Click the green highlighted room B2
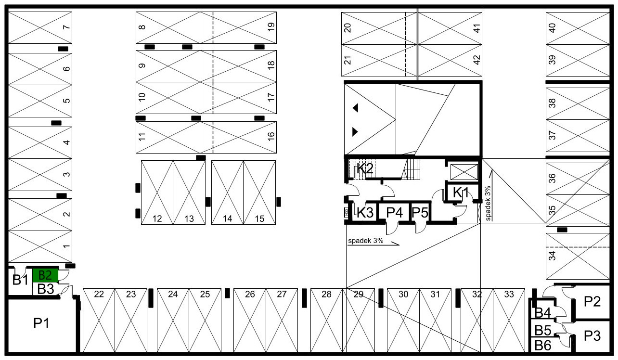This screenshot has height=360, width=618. coord(45,275)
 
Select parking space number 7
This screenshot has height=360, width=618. coord(40,27)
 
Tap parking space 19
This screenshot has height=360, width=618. coord(238,27)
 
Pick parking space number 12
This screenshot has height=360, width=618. coord(157,193)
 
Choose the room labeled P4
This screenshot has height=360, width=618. coord(394,212)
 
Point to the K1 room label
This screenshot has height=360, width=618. coord(461,193)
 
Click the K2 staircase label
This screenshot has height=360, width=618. coord(365,168)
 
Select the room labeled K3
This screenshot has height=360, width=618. coord(365,212)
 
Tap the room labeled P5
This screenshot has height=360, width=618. coord(420,212)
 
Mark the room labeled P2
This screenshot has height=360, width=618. coord(592,301)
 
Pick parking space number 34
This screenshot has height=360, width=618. coord(578,256)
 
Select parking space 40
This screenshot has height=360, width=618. coord(578,28)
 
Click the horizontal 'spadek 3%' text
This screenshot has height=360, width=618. coord(366,241)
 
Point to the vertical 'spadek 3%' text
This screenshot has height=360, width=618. coord(488,203)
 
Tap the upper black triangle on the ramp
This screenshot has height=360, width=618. coord(355,108)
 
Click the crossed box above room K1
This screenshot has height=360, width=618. coord(464,172)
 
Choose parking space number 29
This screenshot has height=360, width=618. coord(359,320)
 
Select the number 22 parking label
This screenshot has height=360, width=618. coord(99,295)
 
